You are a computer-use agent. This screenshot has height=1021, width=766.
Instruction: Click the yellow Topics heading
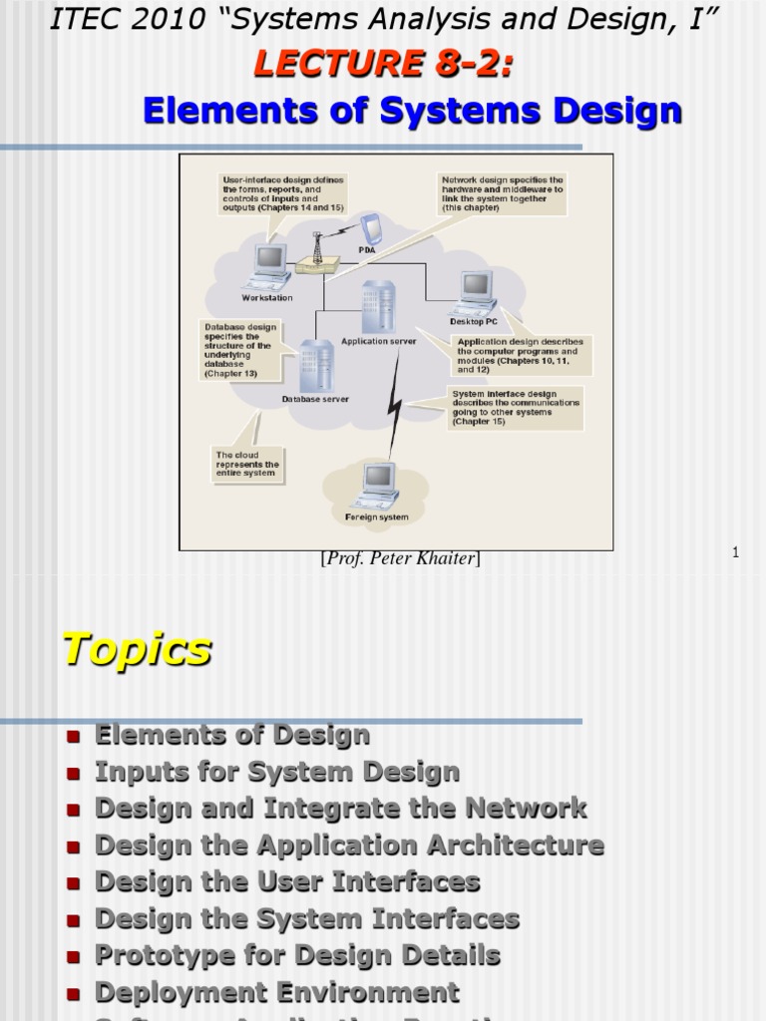137,650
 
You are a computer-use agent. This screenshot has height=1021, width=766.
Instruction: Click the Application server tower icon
378,307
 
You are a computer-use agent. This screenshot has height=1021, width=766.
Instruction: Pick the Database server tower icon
315,366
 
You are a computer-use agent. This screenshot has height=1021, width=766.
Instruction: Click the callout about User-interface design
281,194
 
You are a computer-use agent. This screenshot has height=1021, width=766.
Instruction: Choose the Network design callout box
503,194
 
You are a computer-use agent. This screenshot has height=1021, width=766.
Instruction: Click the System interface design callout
516,407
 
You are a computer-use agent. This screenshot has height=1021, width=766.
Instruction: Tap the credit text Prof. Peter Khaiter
400,559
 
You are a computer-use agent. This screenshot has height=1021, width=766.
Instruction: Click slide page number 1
735,552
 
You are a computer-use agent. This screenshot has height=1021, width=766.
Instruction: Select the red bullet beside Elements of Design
72,738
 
